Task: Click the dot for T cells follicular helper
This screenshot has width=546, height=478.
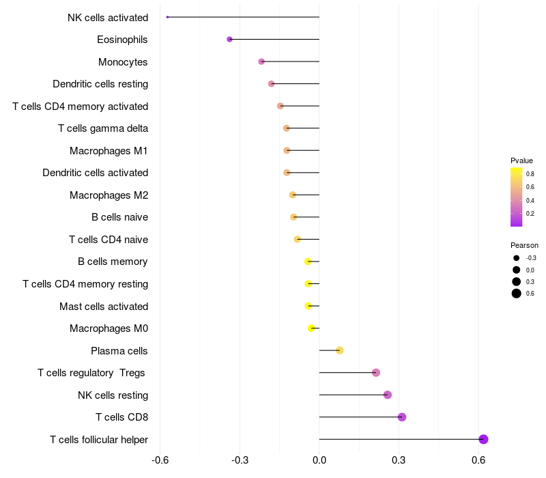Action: [483, 439]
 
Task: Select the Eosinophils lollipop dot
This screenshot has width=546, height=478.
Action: [229, 40]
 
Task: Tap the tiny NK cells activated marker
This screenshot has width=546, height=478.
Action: [167, 17]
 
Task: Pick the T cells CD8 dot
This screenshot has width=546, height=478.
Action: [402, 417]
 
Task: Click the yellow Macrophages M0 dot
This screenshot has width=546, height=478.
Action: [311, 328]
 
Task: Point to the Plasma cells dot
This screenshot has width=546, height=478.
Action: [340, 350]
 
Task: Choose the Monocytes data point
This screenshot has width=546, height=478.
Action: [261, 61]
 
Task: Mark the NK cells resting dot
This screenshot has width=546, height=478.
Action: [388, 395]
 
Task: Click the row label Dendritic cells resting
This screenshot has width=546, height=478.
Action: [100, 84]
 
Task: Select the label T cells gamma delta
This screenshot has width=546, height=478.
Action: [103, 128]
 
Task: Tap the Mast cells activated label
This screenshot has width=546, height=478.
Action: [104, 307]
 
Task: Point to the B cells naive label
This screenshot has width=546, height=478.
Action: [120, 217]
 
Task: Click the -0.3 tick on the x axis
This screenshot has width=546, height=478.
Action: [240, 460]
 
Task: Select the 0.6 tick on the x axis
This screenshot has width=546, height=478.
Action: [478, 460]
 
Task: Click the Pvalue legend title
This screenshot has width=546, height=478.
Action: [521, 160]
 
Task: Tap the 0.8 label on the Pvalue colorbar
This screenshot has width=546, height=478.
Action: [530, 174]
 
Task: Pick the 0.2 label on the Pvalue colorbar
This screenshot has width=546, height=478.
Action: [530, 214]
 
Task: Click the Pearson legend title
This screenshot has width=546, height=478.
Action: [524, 245]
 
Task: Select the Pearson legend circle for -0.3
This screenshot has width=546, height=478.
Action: [517, 258]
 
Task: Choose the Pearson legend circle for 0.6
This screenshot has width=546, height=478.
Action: [517, 294]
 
